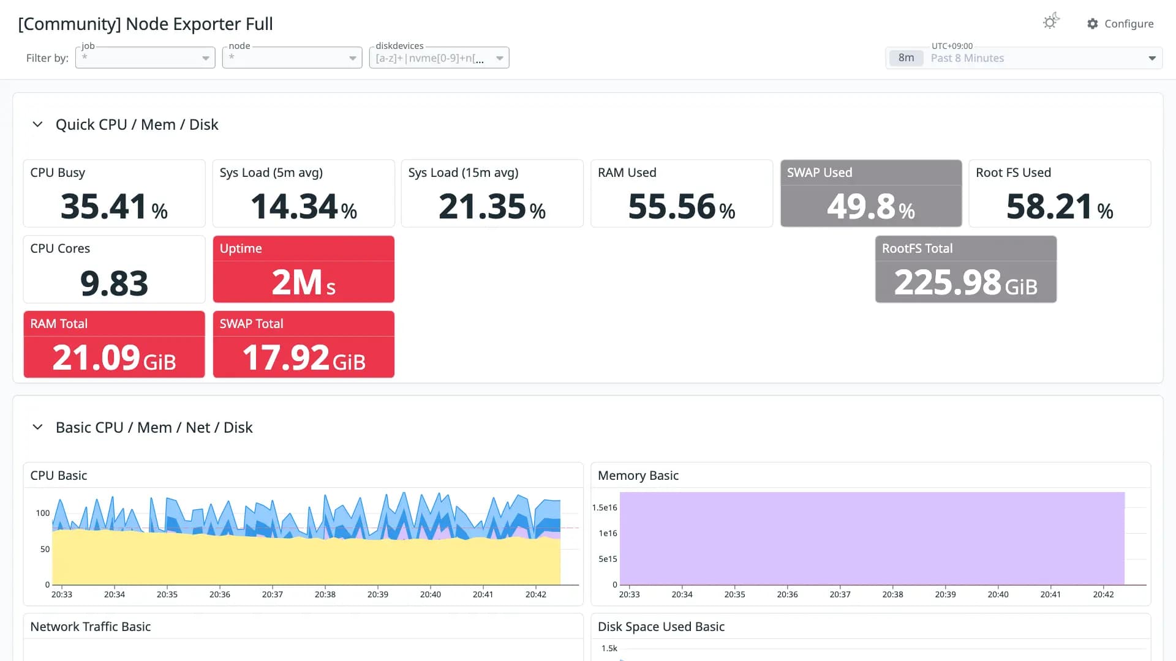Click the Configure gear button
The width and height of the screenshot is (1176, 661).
pyautogui.click(x=1120, y=23)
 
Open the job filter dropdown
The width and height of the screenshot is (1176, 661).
pyautogui.click(x=145, y=58)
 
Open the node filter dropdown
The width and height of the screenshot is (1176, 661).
pyautogui.click(x=292, y=58)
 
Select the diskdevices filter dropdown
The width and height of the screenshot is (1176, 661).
pyautogui.click(x=439, y=58)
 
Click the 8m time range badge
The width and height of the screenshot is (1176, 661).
pyautogui.click(x=906, y=58)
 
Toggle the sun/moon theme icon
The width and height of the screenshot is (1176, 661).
pyautogui.click(x=1051, y=21)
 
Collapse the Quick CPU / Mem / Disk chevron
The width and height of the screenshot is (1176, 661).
pyautogui.click(x=37, y=124)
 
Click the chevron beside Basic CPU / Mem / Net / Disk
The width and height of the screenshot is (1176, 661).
pyautogui.click(x=37, y=427)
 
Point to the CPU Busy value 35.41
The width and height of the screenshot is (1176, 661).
pyautogui.click(x=104, y=206)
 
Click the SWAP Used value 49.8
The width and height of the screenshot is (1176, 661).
pyautogui.click(x=861, y=206)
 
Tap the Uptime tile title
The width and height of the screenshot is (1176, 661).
pyautogui.click(x=241, y=248)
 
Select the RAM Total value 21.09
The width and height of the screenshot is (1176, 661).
pyautogui.click(x=96, y=357)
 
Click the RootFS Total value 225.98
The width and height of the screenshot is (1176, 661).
pyautogui.click(x=948, y=282)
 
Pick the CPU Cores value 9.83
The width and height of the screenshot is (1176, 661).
pyautogui.click(x=114, y=283)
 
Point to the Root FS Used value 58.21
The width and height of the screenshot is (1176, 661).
pyautogui.click(x=1049, y=206)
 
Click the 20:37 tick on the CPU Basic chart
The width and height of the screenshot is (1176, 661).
pyautogui.click(x=273, y=594)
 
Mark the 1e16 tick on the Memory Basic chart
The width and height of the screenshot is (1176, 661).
pyautogui.click(x=608, y=533)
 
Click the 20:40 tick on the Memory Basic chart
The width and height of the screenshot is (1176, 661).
pyautogui.click(x=998, y=594)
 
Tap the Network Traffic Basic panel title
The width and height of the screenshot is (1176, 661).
pyautogui.click(x=91, y=627)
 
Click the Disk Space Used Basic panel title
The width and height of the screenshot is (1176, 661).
pyautogui.click(x=661, y=627)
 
